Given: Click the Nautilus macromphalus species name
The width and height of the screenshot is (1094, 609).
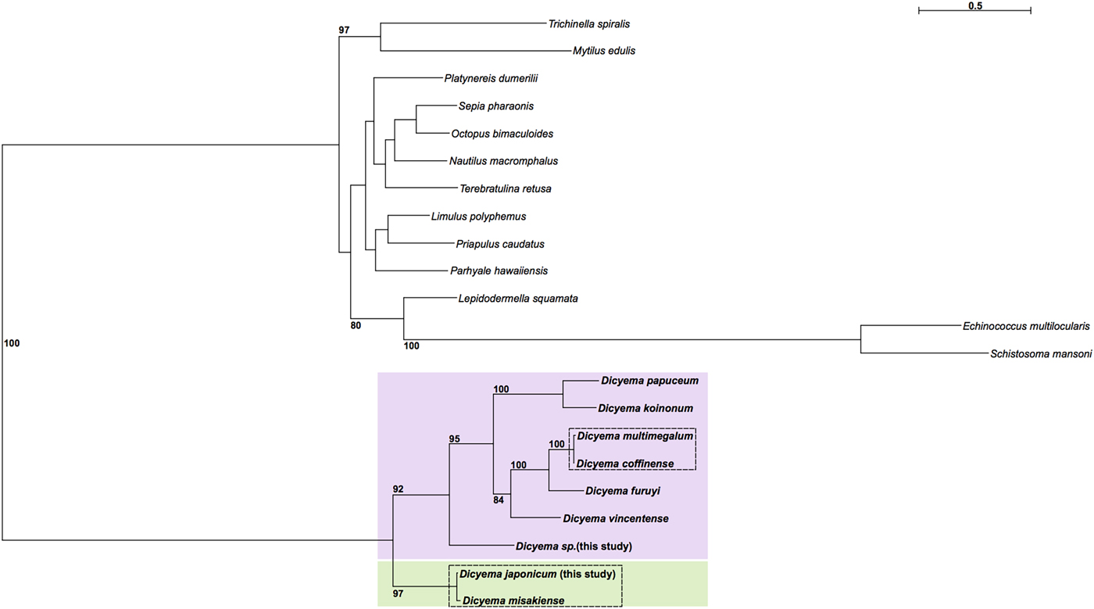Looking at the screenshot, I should coord(503,161).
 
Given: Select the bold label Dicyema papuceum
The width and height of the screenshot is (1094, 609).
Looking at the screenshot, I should coord(649,382).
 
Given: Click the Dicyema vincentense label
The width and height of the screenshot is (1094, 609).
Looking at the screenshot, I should coord(615,518).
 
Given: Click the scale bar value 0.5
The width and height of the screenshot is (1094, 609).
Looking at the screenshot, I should coord(974,6).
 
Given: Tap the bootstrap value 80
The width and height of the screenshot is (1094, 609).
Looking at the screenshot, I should coord(356,325).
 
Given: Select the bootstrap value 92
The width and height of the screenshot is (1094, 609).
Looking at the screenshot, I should coord(398,489).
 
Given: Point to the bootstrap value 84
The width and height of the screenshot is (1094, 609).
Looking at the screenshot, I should coord(499,499).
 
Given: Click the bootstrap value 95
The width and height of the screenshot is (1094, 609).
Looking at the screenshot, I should coord(454,439).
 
